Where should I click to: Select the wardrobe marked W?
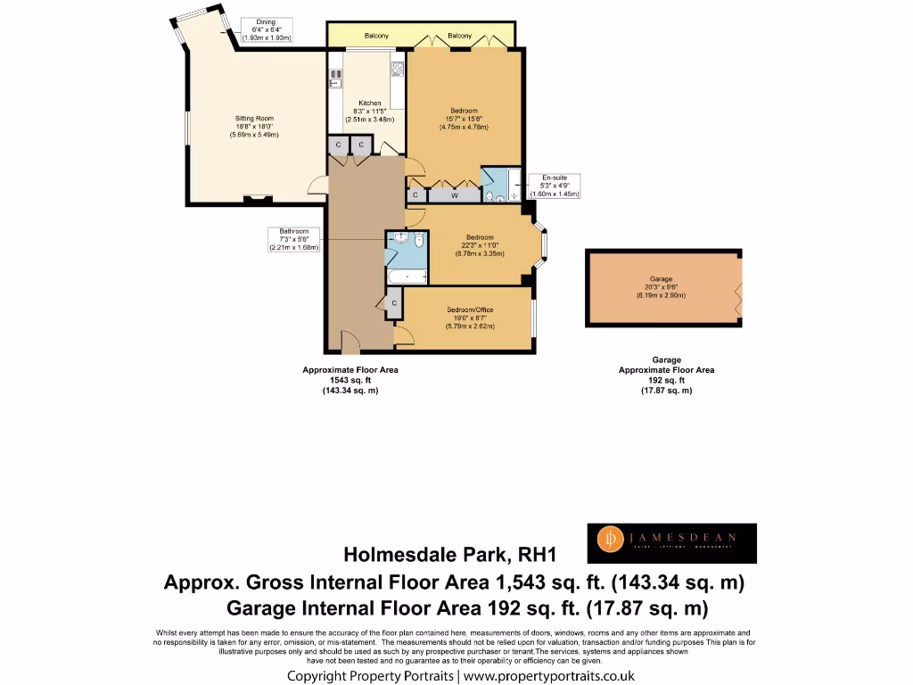click(x=455, y=194)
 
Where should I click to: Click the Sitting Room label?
click(x=254, y=119)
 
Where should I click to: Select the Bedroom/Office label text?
click(x=470, y=310)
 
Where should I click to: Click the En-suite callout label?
click(x=555, y=186)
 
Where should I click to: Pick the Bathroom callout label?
click(x=293, y=239)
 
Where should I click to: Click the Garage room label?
click(x=661, y=278)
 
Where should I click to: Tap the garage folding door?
click(x=738, y=291)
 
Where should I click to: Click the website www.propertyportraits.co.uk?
click(x=548, y=676)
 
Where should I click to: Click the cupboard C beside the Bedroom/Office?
click(x=393, y=302)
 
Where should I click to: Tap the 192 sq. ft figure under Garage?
click(x=666, y=380)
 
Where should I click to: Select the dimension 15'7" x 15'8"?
click(x=464, y=119)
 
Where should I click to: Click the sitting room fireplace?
click(x=259, y=199)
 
